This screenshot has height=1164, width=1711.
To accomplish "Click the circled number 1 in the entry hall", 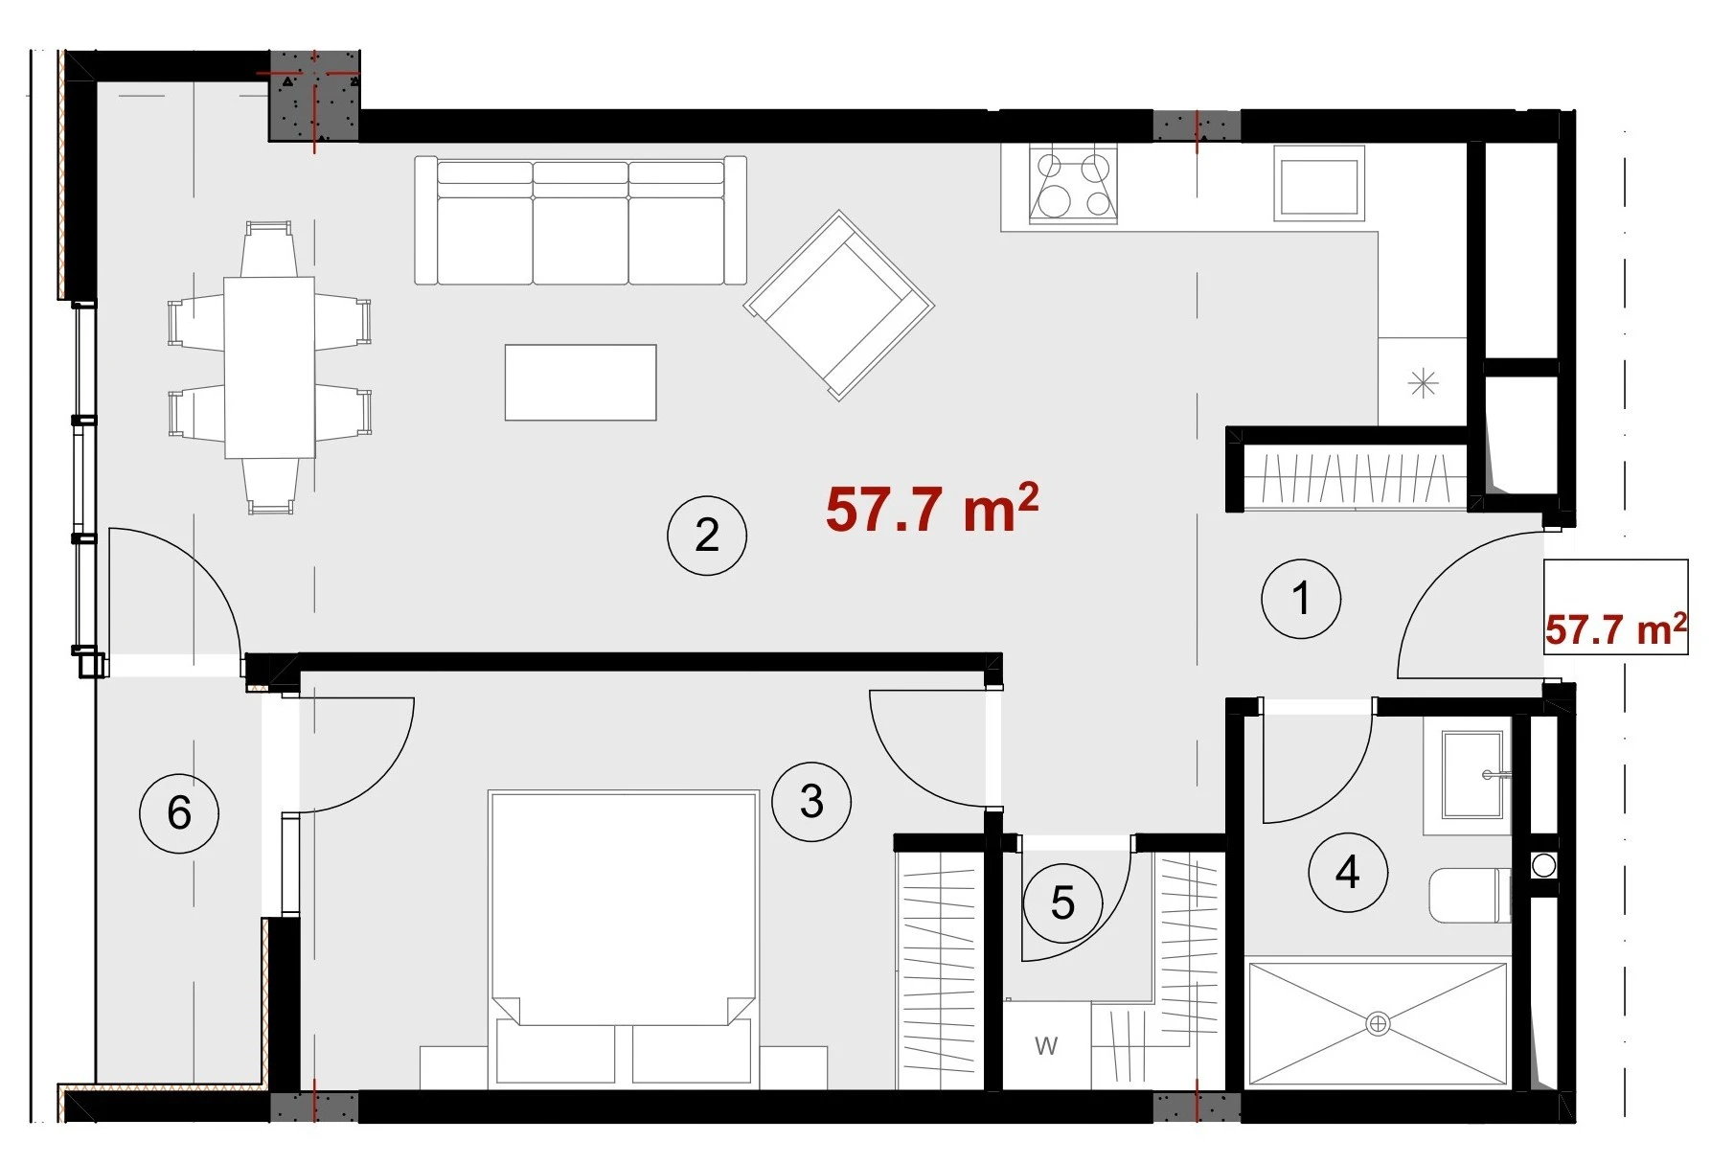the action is (x=1300, y=599).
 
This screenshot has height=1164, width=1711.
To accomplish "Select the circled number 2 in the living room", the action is (x=707, y=535).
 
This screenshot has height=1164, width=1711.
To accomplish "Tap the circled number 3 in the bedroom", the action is (x=811, y=801).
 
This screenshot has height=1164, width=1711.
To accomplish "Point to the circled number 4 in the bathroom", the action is (x=1348, y=872).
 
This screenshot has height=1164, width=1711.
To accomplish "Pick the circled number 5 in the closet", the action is (x=1062, y=902).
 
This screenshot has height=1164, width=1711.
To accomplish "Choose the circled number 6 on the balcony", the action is (x=179, y=813).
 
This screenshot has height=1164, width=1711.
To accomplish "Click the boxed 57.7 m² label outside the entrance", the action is (x=1616, y=628).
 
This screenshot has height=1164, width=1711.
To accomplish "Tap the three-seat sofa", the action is (x=581, y=220).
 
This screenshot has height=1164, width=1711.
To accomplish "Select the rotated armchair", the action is (x=839, y=305).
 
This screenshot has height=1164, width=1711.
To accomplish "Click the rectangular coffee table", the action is (x=581, y=382).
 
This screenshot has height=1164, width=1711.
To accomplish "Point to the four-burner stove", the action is (x=1073, y=185).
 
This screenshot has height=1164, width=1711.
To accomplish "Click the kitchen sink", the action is (x=1319, y=184).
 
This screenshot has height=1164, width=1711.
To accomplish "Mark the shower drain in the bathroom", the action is (x=1378, y=1024).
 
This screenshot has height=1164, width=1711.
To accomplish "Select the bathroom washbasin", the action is (x=1472, y=775).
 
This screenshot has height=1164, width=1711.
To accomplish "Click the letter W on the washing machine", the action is (x=1046, y=1046).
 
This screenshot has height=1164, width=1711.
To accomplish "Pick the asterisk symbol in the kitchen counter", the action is (x=1424, y=384).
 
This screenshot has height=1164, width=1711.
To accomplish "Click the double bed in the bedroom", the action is (x=623, y=939).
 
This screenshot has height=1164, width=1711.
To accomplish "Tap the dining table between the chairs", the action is (x=269, y=368).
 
